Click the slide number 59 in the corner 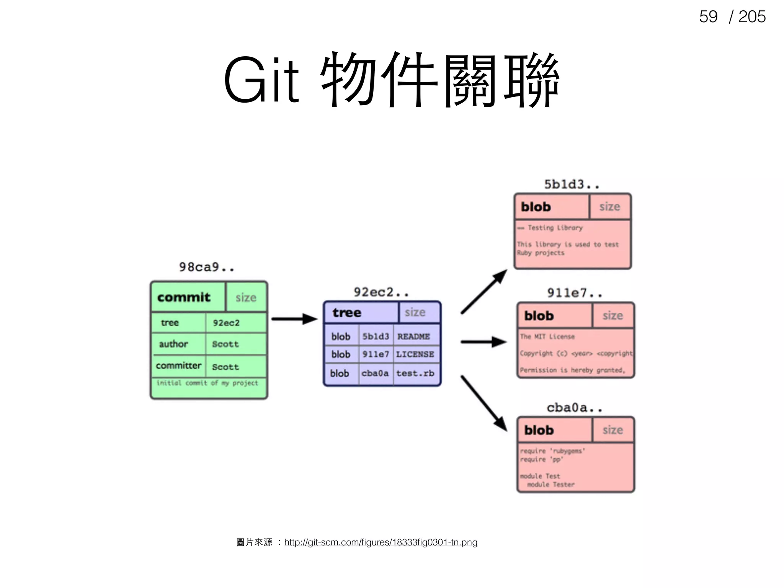click(x=708, y=17)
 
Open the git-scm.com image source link click(x=381, y=542)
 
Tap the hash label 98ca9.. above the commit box click(x=206, y=267)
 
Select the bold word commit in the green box click(x=184, y=297)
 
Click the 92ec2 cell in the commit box click(x=226, y=323)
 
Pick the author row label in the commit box click(x=173, y=344)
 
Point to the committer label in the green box click(x=178, y=366)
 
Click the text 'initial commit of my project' click(x=207, y=383)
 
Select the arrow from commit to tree click(x=294, y=318)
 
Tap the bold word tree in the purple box click(x=347, y=312)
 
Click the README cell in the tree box click(x=414, y=336)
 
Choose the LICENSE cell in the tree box click(x=415, y=354)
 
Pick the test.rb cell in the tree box click(x=415, y=373)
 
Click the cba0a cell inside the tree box click(x=375, y=373)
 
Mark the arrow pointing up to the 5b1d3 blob click(x=484, y=292)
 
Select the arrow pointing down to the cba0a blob click(x=484, y=403)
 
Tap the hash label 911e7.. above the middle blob click(x=574, y=293)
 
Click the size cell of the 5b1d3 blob click(x=610, y=207)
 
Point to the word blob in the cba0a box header click(x=539, y=430)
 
